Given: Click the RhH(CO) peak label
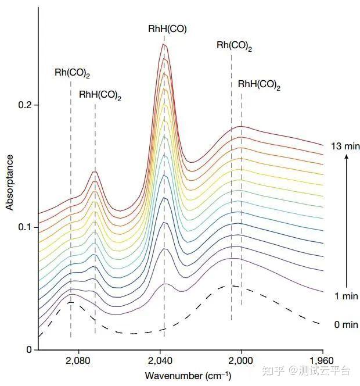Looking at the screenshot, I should coord(167,28).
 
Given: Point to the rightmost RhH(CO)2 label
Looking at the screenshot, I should coord(259,85).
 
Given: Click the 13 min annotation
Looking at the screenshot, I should coord(343,145).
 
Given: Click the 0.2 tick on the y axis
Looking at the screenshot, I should coord(26,105).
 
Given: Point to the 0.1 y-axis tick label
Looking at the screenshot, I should coord(26,227).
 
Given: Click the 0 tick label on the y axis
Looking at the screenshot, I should coord(28,349).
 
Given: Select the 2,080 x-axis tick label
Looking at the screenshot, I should coord(78,360).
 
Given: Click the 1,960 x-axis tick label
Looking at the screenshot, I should coord(322,360).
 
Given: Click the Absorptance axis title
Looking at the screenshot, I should coord(9,181).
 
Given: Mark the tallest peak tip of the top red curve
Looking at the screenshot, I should coord(164,44).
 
